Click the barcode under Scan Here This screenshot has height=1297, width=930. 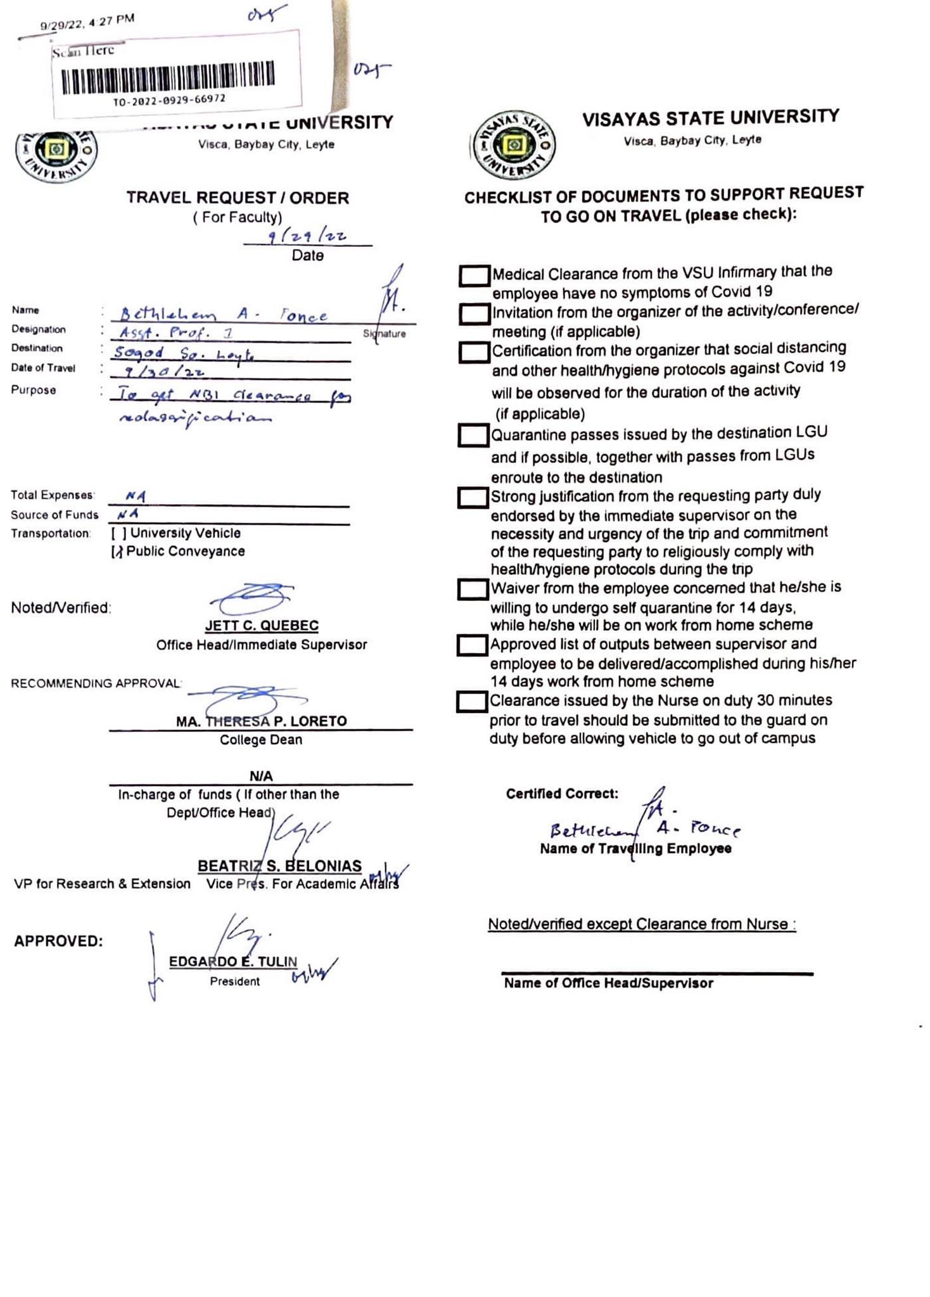point(168,77)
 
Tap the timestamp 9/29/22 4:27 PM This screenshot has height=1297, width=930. point(87,22)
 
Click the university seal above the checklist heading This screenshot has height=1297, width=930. point(514,145)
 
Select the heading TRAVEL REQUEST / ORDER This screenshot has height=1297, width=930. point(238,198)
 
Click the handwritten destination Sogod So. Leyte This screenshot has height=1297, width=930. point(184,353)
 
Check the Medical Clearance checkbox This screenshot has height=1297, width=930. point(475,275)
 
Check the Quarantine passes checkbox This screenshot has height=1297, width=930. point(473,436)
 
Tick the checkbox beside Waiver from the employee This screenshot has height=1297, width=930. point(473,590)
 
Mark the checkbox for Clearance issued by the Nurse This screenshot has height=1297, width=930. point(472,702)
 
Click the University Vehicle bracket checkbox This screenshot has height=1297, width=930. point(118,534)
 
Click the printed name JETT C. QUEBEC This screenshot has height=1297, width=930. point(262,626)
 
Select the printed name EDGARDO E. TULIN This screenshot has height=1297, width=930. point(232,962)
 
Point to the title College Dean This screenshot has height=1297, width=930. point(261,740)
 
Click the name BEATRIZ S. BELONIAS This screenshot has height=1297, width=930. point(279,866)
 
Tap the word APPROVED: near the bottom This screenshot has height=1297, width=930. point(58,941)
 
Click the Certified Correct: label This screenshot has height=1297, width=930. point(562,794)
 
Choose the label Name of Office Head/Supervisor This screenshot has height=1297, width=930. point(608,984)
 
